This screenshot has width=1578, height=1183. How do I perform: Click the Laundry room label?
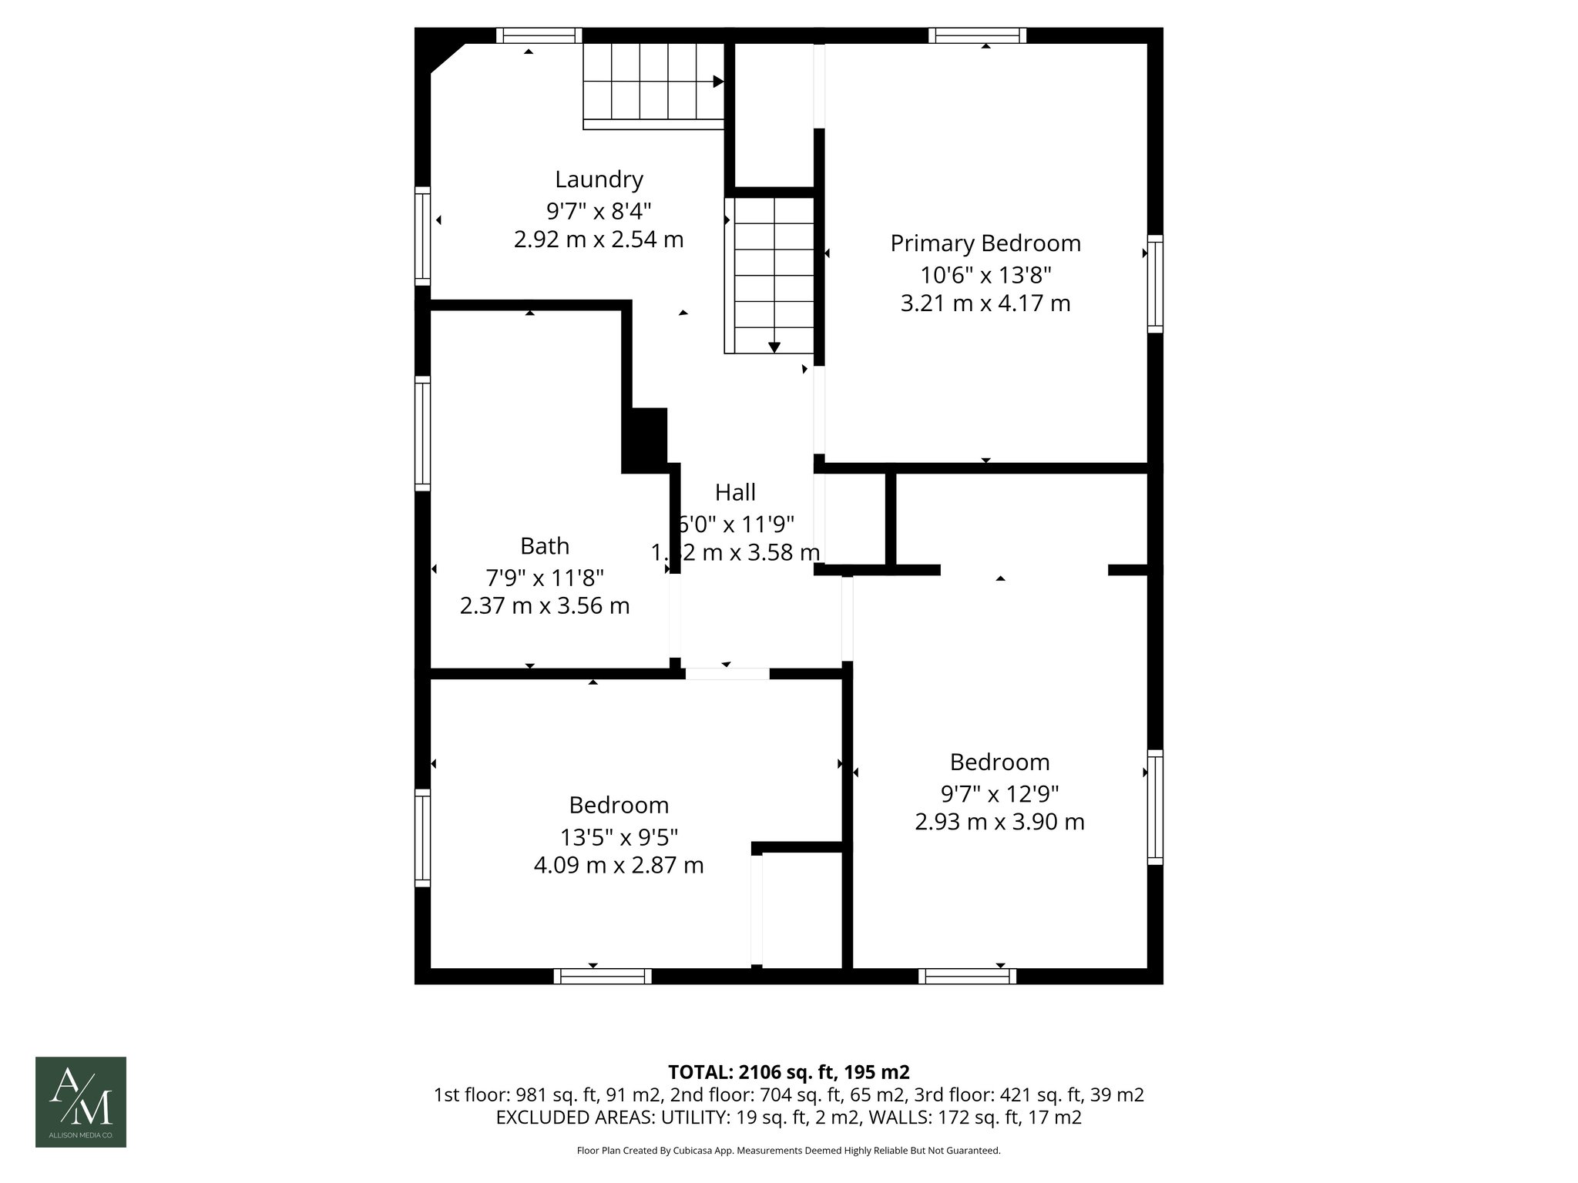[x=599, y=179]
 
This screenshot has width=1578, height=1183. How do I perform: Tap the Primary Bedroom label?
[x=985, y=243]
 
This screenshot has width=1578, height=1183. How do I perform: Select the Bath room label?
[x=545, y=546]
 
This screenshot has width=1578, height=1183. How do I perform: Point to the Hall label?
[x=735, y=492]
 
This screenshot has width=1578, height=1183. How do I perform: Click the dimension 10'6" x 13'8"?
[x=985, y=274]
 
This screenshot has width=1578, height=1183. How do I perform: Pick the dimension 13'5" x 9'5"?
[x=619, y=836]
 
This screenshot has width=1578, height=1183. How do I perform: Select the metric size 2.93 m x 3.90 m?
[x=999, y=822]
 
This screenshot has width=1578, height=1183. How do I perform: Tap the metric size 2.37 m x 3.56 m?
[x=545, y=606]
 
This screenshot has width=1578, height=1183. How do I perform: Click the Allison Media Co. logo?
[x=81, y=1101]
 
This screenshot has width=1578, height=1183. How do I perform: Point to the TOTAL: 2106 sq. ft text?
[x=788, y=1072]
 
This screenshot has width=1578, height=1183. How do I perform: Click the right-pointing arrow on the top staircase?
[x=718, y=81]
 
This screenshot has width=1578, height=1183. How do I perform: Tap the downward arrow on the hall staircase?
[x=774, y=347]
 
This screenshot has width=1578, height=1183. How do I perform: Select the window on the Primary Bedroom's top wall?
[x=977, y=35]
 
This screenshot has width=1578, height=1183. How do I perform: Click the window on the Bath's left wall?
[x=422, y=433]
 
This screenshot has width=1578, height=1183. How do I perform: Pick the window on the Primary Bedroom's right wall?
[x=1154, y=283]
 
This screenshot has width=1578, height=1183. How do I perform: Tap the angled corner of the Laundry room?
[x=447, y=59]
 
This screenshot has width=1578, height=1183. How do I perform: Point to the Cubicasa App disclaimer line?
[x=788, y=1151]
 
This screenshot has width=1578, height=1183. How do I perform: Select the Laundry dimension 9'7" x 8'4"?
[x=599, y=209]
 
